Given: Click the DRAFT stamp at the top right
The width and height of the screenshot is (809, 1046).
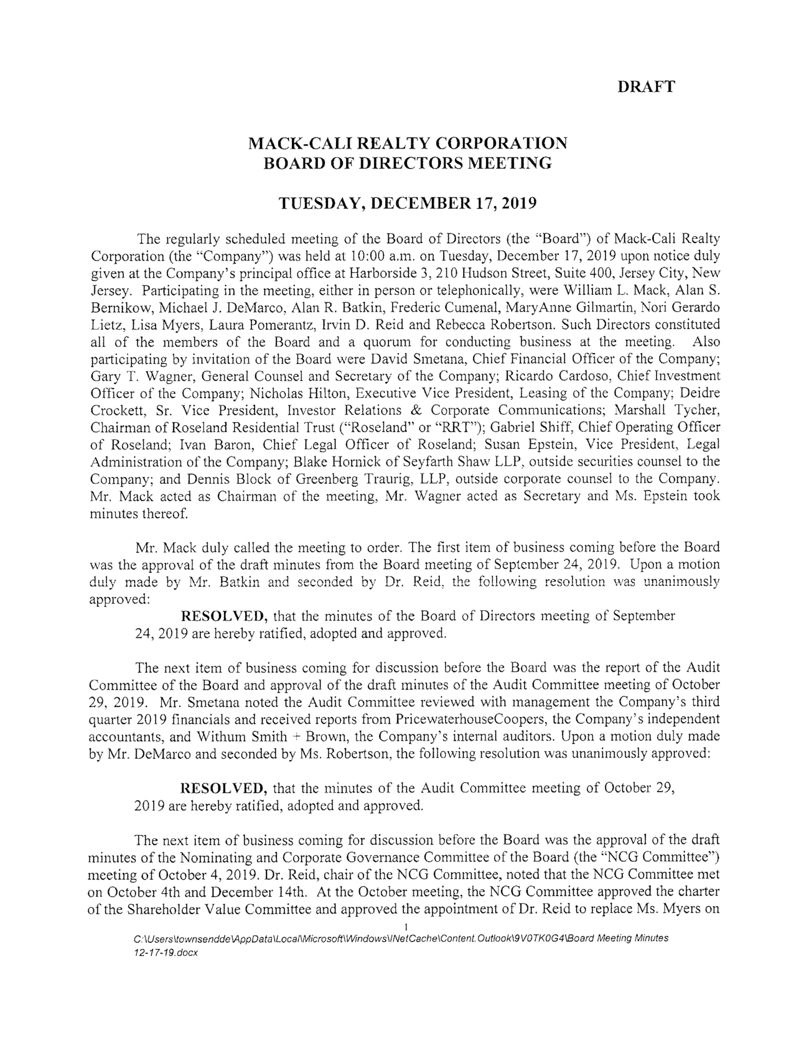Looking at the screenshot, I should pos(646,87).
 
